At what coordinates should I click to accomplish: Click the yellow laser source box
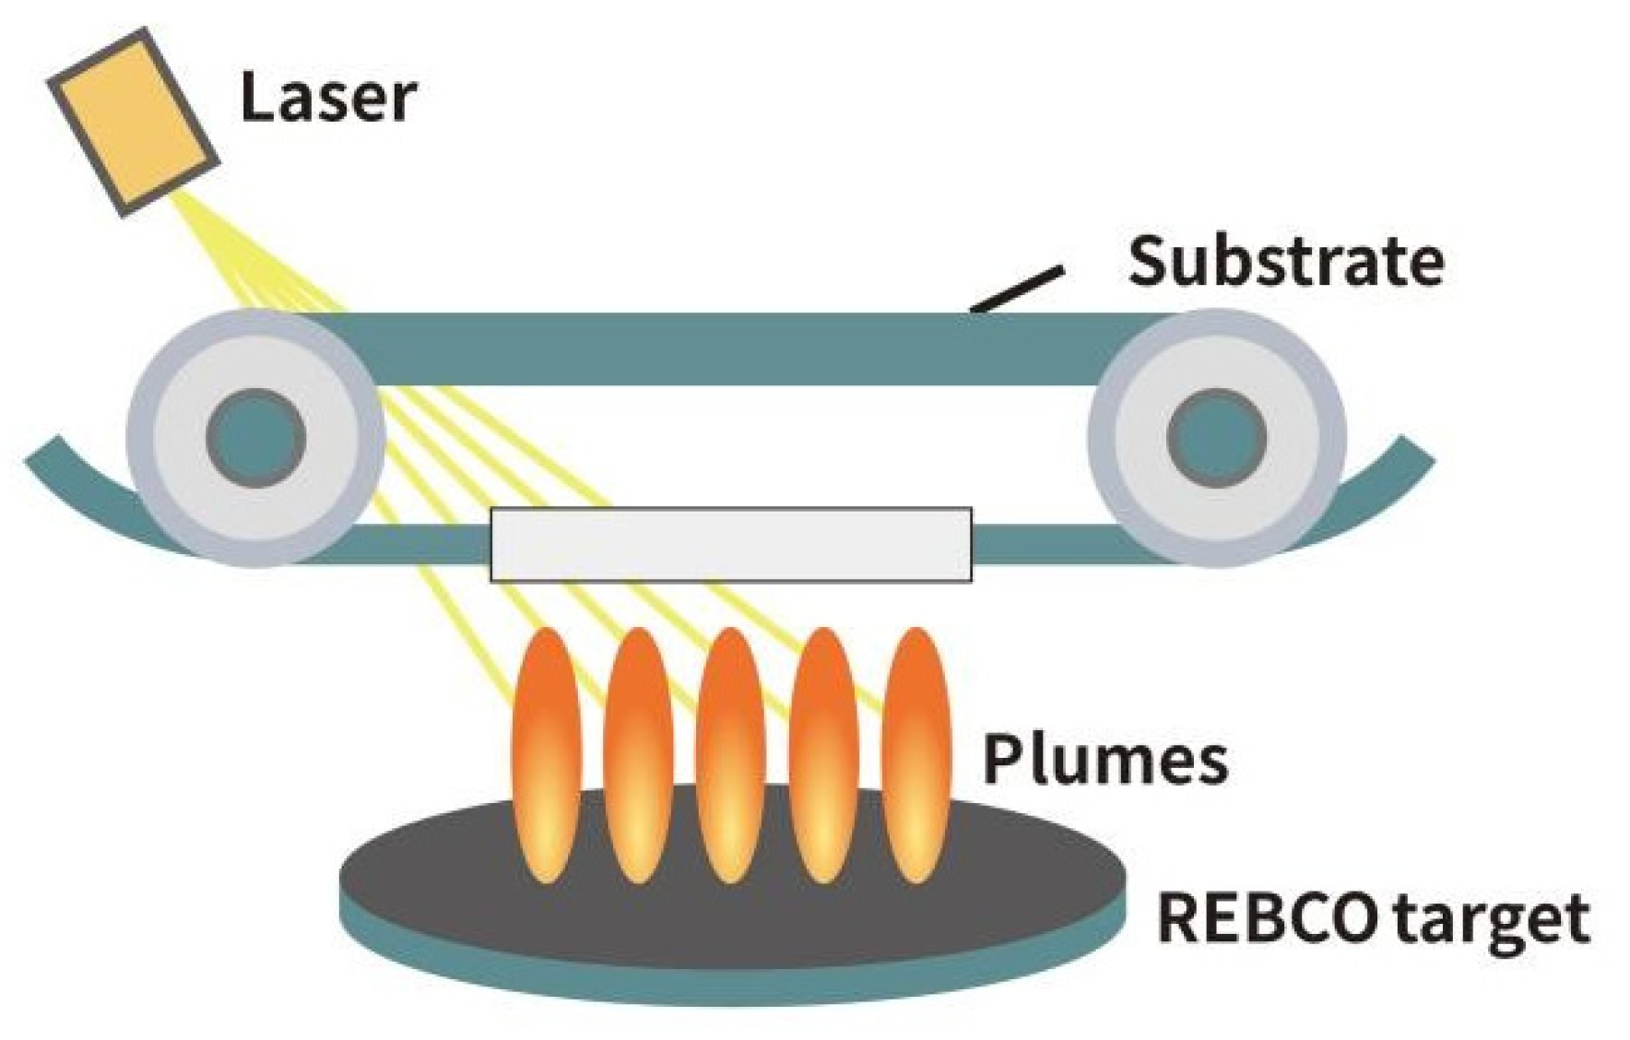(x=133, y=122)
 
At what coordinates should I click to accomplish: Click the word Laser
(x=328, y=97)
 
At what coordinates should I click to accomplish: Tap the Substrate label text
(x=1286, y=261)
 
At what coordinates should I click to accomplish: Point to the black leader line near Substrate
(x=1017, y=290)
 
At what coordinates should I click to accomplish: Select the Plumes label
(x=1105, y=759)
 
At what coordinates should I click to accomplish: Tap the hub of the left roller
(x=255, y=437)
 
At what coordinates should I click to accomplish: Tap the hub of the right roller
(x=1217, y=437)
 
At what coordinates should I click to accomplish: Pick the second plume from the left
(x=639, y=755)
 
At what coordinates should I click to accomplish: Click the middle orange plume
(x=731, y=755)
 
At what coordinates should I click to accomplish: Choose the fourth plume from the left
(x=823, y=755)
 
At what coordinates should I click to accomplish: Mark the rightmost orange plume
(x=915, y=755)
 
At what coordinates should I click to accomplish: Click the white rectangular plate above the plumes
(x=730, y=545)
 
